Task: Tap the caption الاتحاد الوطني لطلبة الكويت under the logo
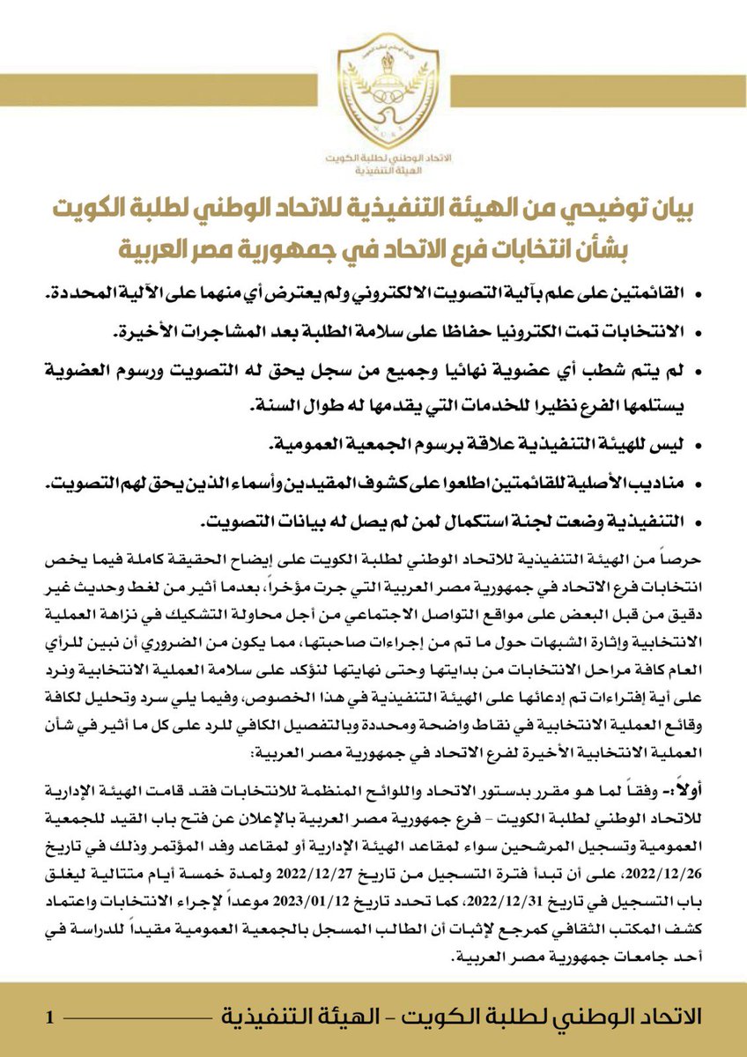[x=373, y=156]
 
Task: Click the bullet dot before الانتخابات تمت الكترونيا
[x=698, y=333]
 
